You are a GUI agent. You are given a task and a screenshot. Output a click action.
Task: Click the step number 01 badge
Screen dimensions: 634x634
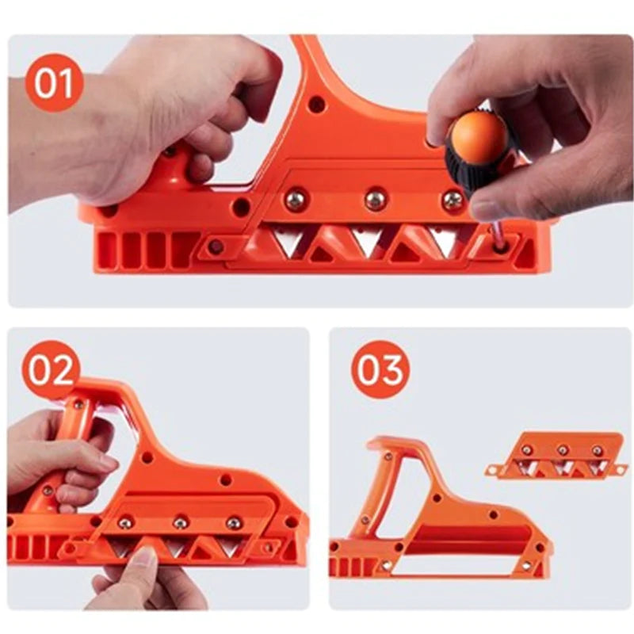[54, 83]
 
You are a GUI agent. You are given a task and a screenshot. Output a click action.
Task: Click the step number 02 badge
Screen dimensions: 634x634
[51, 369]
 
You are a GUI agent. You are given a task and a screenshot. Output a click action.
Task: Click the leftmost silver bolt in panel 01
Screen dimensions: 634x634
[296, 200]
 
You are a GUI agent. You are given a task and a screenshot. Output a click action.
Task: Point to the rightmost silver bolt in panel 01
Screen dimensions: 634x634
[453, 200]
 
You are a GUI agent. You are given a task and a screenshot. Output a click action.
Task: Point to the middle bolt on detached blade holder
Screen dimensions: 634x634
[562, 450]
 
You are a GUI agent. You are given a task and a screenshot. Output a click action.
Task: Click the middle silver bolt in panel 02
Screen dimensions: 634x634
[181, 522]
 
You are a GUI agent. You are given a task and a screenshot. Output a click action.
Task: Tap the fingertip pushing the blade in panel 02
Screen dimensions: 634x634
[143, 558]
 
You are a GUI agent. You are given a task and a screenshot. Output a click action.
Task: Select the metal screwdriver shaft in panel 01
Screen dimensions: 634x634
[497, 233]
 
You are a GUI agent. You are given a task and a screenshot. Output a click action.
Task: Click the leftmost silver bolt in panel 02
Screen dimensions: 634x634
[125, 522]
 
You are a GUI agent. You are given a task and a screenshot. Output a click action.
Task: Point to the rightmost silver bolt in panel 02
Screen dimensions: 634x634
[234, 523]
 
